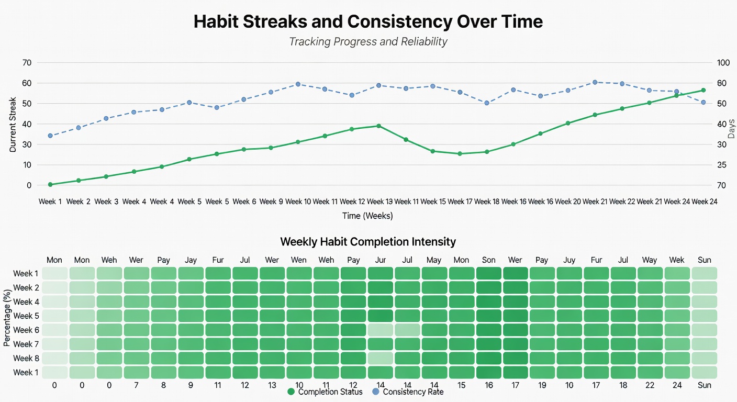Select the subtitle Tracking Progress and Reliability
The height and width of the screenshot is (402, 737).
click(x=368, y=41)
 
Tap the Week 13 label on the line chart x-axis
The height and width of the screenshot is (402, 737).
click(x=379, y=202)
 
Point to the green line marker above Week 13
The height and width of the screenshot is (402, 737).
click(x=378, y=126)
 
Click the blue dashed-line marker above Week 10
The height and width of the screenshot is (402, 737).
click(x=298, y=84)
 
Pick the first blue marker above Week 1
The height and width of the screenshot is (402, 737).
click(x=50, y=136)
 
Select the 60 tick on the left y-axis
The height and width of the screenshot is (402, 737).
click(x=27, y=83)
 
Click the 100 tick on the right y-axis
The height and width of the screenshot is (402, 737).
click(x=723, y=63)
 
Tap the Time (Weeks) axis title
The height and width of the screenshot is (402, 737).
click(x=367, y=216)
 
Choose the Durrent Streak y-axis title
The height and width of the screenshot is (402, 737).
click(x=13, y=125)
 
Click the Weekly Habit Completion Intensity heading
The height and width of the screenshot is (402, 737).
click(x=368, y=242)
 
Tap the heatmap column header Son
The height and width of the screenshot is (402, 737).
click(x=488, y=260)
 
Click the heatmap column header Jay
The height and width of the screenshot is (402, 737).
click(x=191, y=260)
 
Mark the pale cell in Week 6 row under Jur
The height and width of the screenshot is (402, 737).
click(x=380, y=330)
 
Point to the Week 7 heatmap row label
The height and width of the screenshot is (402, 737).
click(x=26, y=344)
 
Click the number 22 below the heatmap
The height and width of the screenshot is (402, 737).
click(x=650, y=385)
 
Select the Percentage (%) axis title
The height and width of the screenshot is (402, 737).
click(x=7, y=319)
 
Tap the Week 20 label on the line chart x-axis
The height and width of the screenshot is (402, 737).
click(x=568, y=202)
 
